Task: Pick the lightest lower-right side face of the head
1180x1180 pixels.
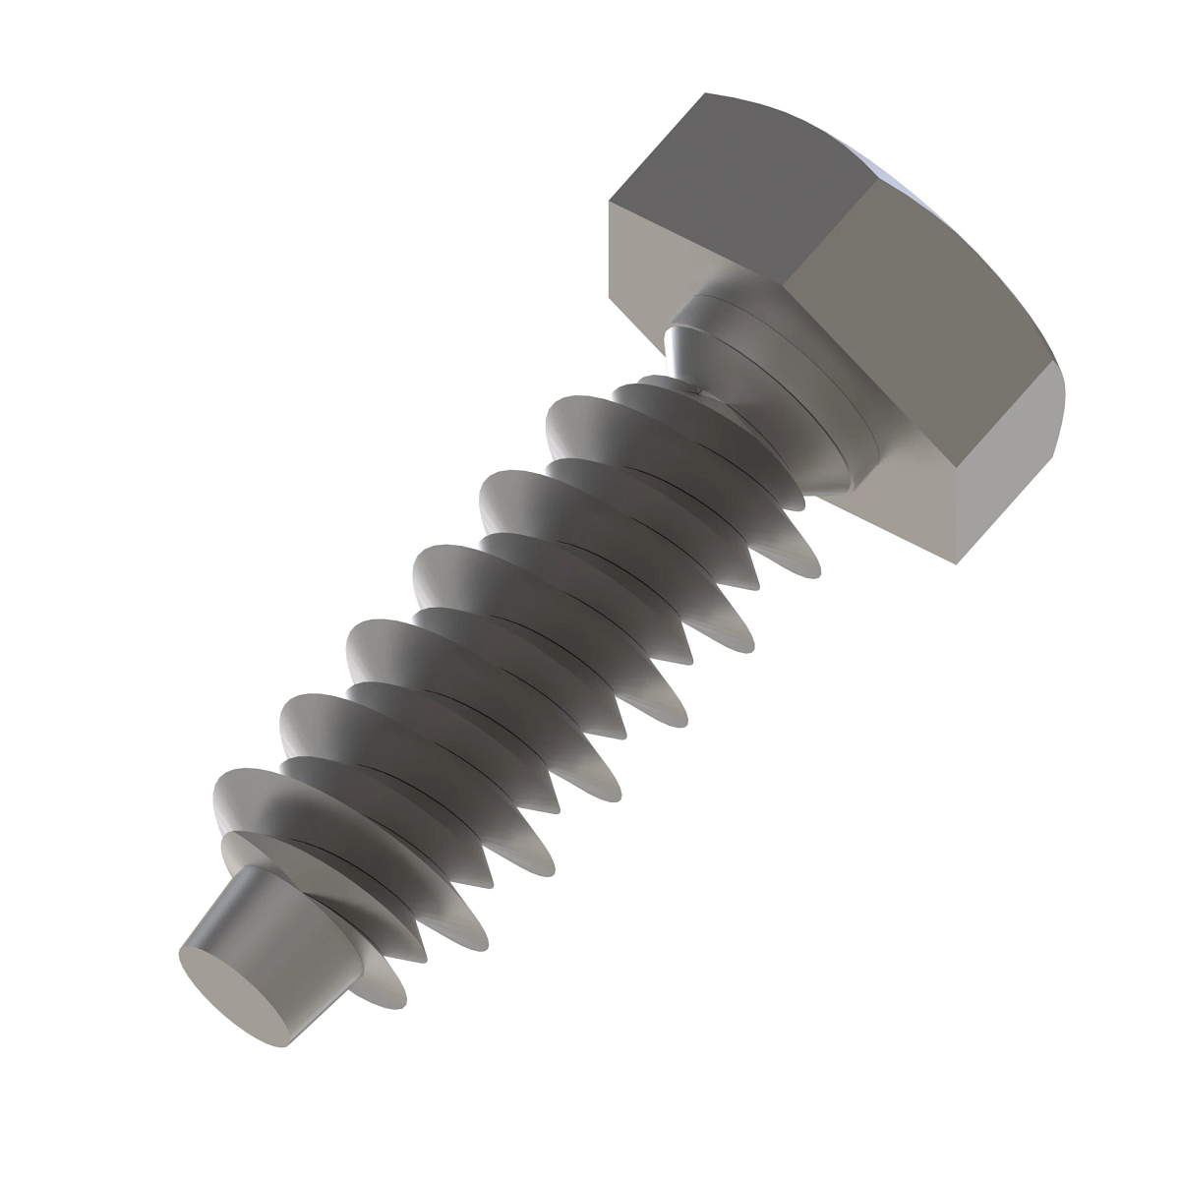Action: click(x=1013, y=482)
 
